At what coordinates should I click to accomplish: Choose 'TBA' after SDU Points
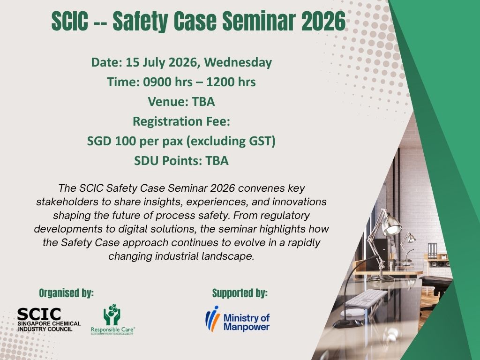217,161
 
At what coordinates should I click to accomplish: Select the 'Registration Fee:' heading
181,121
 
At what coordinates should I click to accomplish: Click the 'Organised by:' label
66,293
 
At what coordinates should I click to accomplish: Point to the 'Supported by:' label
240,293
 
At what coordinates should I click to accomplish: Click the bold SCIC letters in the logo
38,315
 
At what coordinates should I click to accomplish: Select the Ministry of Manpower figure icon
212,319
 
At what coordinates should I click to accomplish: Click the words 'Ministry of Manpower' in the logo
247,323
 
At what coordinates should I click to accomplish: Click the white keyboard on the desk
366,297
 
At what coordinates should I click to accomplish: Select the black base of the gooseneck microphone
347,323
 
